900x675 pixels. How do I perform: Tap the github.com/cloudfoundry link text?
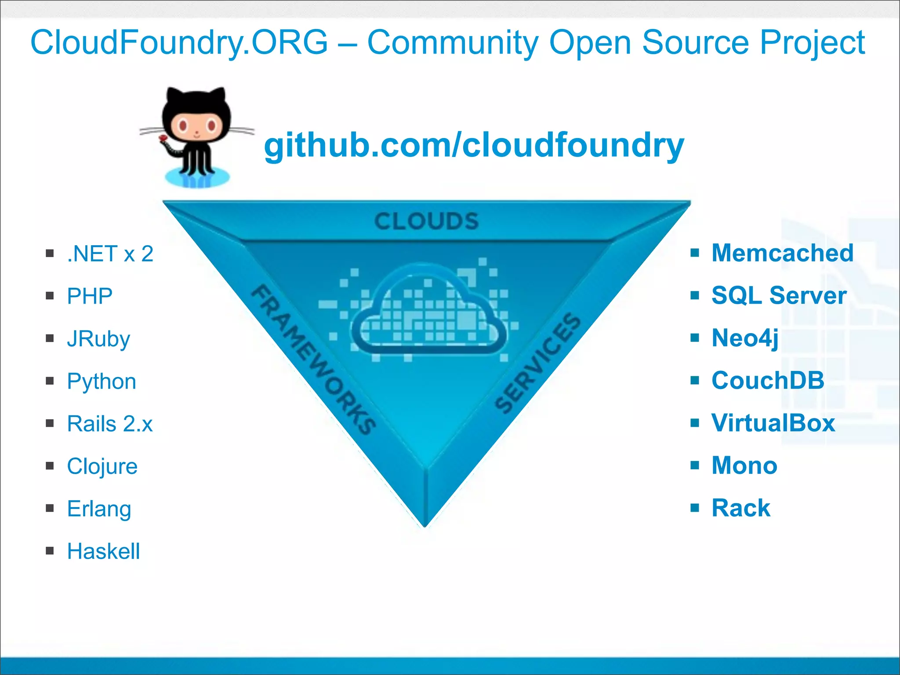474,145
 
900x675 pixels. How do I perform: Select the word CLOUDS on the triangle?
426,221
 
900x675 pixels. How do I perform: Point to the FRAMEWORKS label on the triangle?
313,359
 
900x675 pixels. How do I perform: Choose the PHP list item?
90,296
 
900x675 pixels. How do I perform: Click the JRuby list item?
98,339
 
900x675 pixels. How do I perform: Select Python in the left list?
102,381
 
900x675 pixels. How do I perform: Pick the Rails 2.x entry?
110,424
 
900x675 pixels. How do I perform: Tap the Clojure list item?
102,466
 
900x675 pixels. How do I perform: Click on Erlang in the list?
99,509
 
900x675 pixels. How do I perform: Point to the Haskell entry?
103,552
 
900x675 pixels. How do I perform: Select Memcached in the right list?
782,253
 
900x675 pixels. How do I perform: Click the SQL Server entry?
779,295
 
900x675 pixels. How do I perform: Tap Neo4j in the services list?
745,338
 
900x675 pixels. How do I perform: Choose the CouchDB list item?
768,381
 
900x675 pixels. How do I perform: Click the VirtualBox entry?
773,423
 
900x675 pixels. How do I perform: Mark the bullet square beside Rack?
694,508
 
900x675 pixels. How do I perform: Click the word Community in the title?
453,43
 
